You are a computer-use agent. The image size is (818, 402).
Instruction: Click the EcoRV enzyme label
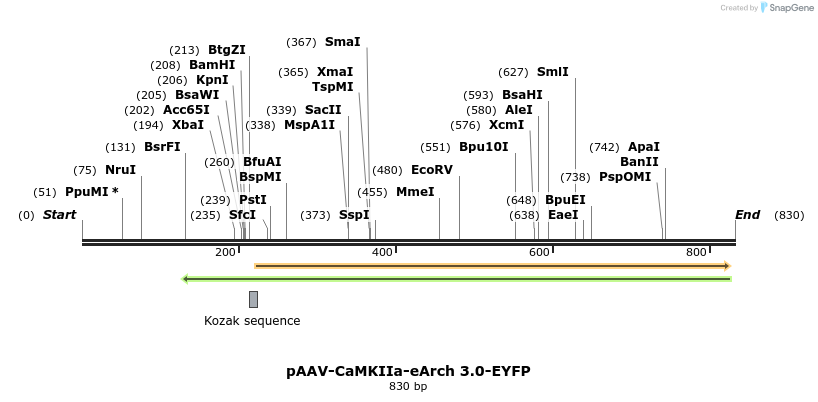point(432,170)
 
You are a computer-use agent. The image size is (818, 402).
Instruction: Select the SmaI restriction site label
point(342,42)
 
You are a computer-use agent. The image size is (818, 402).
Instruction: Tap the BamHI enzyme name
point(212,65)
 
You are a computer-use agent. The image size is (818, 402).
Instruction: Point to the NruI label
point(120,170)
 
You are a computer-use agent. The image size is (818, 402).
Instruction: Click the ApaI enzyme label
point(643,147)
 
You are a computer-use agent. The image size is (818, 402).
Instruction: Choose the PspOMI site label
point(625,177)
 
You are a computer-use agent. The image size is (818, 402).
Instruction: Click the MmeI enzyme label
point(415,192)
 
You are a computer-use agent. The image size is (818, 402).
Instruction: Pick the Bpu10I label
point(484,147)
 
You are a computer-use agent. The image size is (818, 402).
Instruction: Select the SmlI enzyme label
point(552,72)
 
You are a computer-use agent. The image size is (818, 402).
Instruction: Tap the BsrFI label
point(162,147)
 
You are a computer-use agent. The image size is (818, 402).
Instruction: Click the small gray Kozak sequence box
point(253,299)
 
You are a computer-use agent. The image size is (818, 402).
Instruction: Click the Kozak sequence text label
point(252,321)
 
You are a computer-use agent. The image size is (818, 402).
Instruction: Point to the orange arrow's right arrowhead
point(727,266)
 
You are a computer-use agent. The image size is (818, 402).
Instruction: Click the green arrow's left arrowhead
point(185,279)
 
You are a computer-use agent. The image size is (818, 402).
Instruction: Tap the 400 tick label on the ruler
point(382,253)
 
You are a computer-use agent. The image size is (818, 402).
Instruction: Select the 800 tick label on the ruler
point(696,253)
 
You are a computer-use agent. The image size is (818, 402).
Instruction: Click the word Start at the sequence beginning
point(59,215)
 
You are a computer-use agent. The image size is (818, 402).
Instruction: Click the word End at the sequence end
point(747,215)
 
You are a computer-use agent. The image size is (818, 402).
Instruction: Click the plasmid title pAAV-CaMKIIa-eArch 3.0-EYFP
point(408,371)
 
